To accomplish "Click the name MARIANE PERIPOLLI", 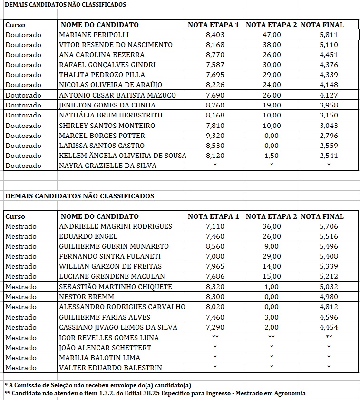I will pos(94,35).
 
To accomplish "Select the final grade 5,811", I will pos(329,35).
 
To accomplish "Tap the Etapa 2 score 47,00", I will pos(272,35).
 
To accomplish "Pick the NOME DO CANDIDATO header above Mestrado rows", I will pos(100,216).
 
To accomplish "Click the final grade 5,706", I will pos(329,226).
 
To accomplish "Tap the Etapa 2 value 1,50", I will pos(272,156).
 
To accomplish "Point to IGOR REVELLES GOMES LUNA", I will pos(108,337).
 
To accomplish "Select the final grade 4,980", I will pos(329,297).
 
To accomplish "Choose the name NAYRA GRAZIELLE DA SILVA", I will pos(107,166).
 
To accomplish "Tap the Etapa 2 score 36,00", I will pos(272,226).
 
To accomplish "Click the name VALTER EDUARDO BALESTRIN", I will pos(110,368).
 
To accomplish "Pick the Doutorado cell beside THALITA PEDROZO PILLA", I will pos(23,75).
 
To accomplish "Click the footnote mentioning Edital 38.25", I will pos(155,393).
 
